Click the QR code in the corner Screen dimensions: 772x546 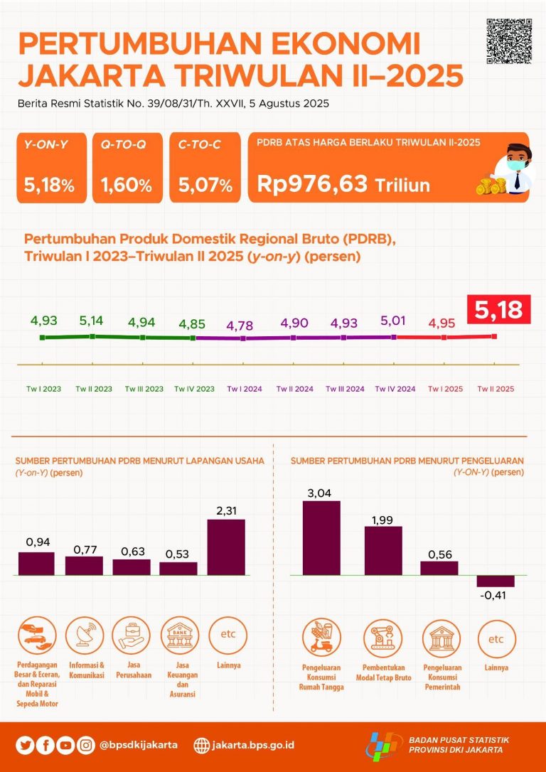[x=509, y=41]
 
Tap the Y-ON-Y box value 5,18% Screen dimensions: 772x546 [x=49, y=186]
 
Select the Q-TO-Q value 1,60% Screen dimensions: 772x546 [x=127, y=186]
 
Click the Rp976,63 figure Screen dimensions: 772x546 [x=313, y=184]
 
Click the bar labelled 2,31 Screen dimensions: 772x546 [x=226, y=547]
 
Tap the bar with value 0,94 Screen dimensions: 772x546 [x=36, y=563]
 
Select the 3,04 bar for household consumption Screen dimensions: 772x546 [x=321, y=537]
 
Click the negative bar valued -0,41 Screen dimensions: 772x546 [x=496, y=581]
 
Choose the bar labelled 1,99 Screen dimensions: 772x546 [x=383, y=550]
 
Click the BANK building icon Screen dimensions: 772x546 [x=178, y=635]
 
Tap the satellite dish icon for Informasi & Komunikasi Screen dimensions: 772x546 [x=84, y=635]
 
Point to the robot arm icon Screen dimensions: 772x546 [x=383, y=638]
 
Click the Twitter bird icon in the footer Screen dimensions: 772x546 [x=26, y=745]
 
